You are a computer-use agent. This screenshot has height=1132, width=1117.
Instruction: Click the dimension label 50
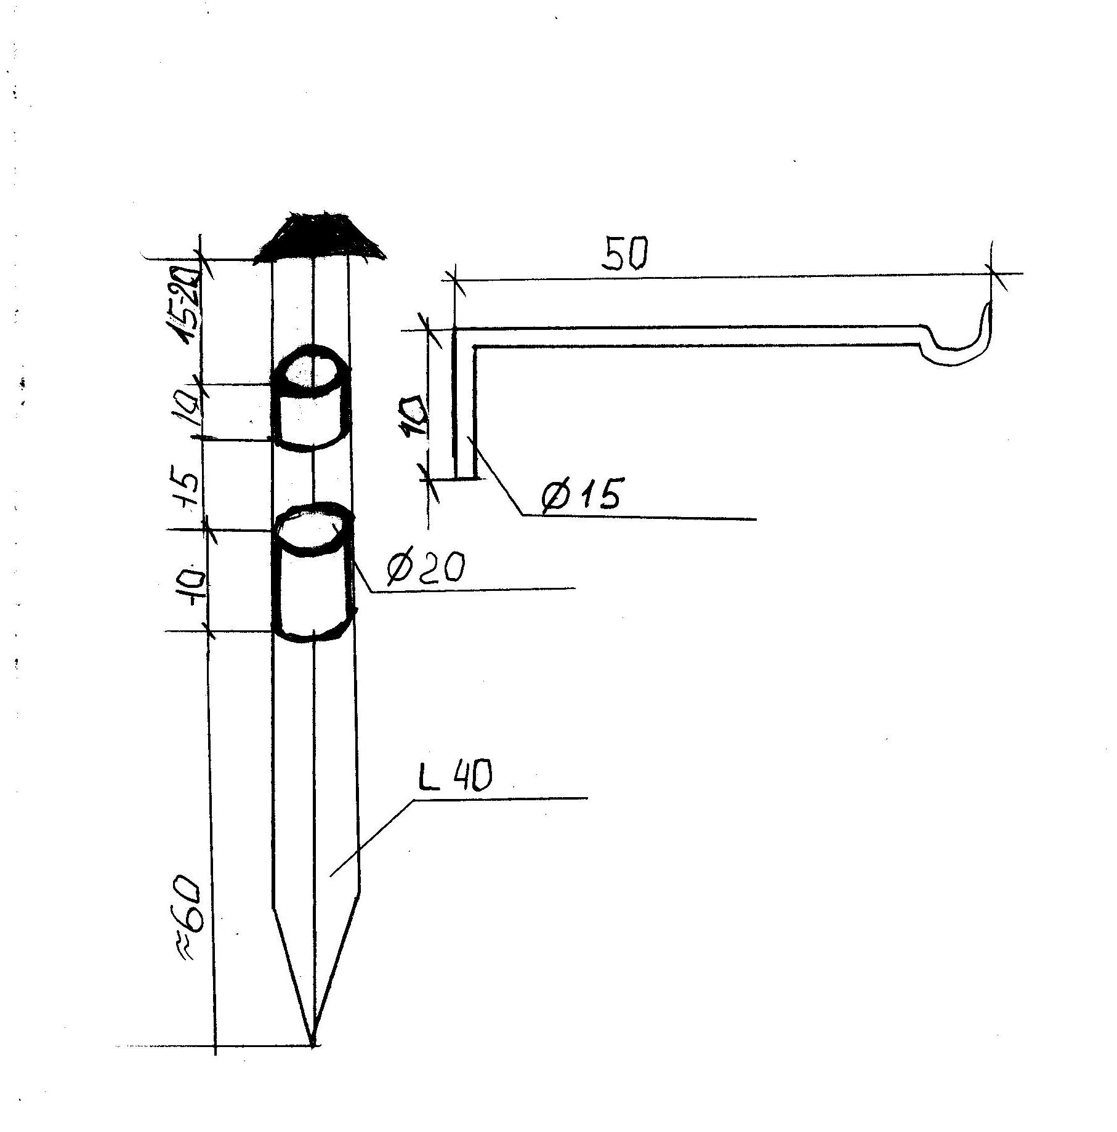point(625,254)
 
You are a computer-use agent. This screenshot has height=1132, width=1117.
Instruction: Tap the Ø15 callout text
point(581,495)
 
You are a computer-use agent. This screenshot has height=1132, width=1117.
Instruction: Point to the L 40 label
point(454,779)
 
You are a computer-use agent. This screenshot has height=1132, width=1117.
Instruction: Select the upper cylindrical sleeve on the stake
point(312,399)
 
